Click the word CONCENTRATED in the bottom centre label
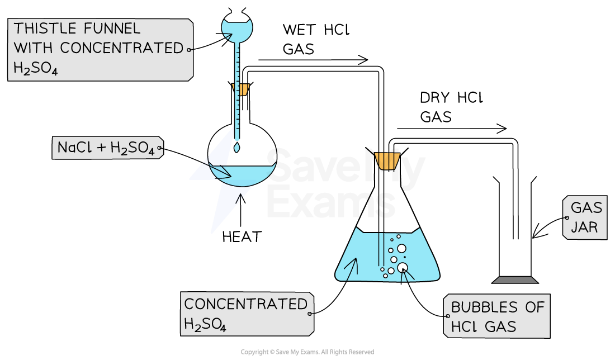click(x=245, y=304)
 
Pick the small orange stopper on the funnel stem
click(x=241, y=89)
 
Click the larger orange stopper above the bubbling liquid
click(x=387, y=160)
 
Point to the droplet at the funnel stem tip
click(x=237, y=148)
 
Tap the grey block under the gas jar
click(x=515, y=280)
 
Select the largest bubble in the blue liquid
click(x=403, y=267)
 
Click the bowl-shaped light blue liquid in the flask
click(x=246, y=174)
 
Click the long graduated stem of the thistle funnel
click(x=237, y=89)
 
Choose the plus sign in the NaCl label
click(x=101, y=148)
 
